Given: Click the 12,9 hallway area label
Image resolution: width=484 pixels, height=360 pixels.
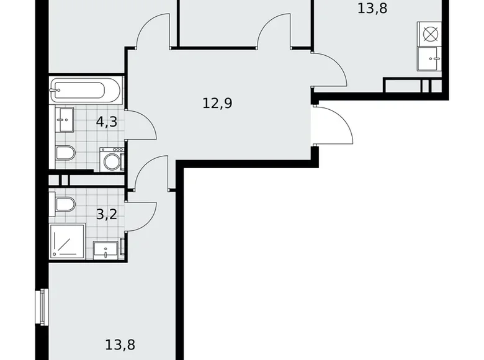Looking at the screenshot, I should (217, 103).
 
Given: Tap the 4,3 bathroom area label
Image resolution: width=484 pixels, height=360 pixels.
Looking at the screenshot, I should (107, 121).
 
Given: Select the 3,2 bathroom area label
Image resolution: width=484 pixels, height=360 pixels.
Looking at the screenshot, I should (107, 215).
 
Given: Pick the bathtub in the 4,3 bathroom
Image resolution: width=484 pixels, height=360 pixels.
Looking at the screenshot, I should (86, 91).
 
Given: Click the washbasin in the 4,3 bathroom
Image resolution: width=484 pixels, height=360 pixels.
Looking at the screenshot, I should (65, 120).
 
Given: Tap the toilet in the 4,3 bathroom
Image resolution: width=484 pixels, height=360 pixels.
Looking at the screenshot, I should (65, 153).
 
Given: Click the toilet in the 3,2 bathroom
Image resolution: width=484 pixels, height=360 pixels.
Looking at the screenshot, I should (65, 204).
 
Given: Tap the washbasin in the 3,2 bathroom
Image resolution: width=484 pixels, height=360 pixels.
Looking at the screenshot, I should (106, 250).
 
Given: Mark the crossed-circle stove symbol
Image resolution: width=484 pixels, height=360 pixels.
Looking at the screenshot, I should (429, 34).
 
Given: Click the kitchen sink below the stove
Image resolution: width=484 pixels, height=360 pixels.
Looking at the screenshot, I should (429, 60).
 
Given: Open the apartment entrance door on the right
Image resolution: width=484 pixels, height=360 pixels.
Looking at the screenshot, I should (334, 127).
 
